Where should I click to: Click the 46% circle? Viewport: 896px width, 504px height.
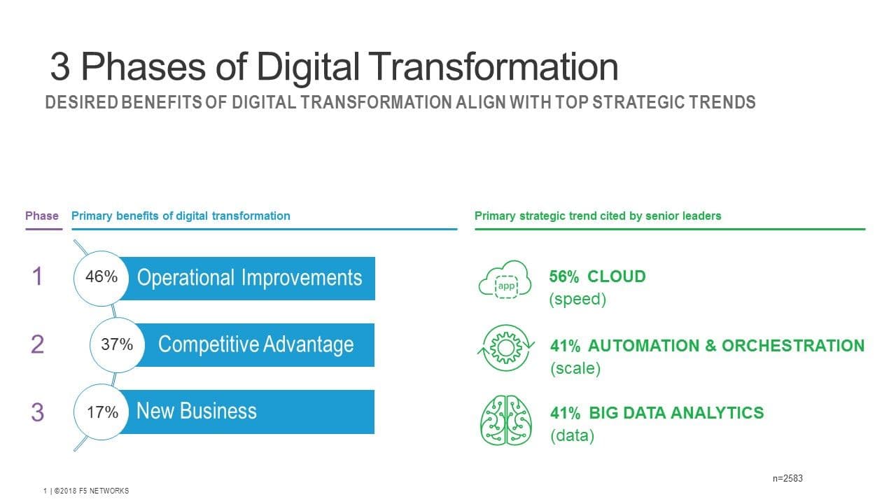(x=101, y=279)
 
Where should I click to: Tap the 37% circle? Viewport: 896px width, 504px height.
(x=117, y=345)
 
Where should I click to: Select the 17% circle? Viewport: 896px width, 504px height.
(x=101, y=412)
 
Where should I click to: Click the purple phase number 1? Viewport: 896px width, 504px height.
(x=37, y=276)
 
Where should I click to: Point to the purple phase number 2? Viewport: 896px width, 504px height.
(x=37, y=344)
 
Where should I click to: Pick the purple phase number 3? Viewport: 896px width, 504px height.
(x=37, y=412)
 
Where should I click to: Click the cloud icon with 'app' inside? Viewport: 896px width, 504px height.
(x=505, y=279)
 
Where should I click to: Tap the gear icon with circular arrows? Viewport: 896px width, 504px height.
(x=506, y=348)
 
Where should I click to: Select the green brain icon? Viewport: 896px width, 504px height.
(x=506, y=421)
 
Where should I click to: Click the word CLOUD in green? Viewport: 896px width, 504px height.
(x=617, y=276)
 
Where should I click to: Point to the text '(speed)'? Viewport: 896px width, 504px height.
(x=577, y=299)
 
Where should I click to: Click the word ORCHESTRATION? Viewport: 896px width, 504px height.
(x=793, y=346)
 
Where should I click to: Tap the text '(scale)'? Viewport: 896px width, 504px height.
(x=575, y=368)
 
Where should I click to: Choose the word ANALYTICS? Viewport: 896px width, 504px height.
(x=717, y=413)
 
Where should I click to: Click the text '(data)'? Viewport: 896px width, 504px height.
(x=573, y=435)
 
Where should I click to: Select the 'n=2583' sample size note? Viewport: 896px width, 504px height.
(x=787, y=478)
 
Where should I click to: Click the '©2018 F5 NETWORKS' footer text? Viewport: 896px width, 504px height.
(x=91, y=491)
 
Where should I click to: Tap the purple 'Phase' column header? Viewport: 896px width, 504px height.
(x=41, y=216)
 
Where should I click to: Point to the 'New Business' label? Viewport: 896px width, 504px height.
(x=197, y=411)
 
